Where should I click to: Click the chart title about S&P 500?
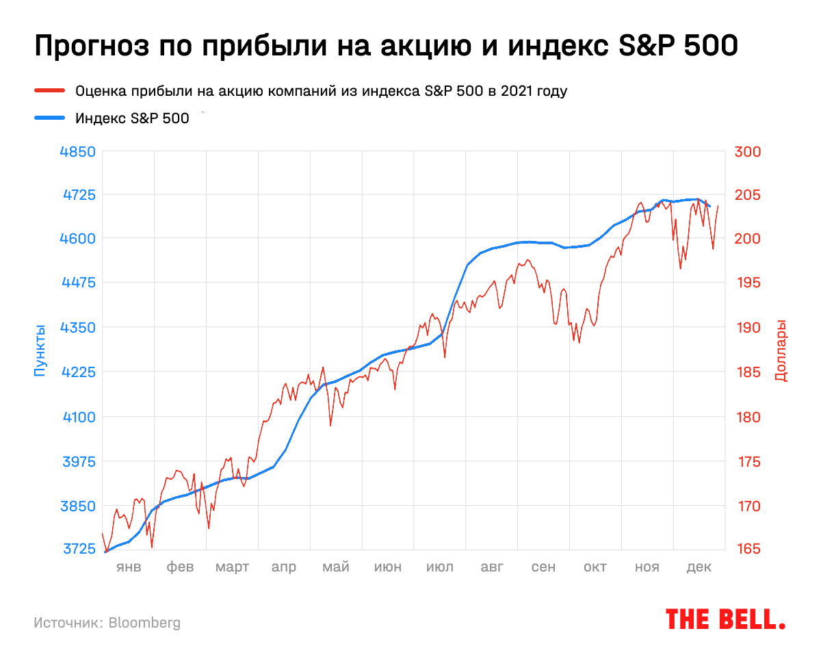click(386, 47)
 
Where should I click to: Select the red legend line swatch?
click(49, 90)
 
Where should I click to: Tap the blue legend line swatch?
click(49, 118)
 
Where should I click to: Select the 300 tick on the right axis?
click(748, 151)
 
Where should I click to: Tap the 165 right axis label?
click(748, 550)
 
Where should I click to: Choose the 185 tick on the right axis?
click(748, 372)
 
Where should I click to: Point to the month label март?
click(233, 567)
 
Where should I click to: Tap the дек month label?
click(699, 567)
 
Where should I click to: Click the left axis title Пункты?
click(39, 350)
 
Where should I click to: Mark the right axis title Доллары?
click(781, 350)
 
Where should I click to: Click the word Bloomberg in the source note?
click(145, 623)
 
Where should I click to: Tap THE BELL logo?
click(725, 619)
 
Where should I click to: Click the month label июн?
click(388, 567)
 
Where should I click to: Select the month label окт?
click(595, 567)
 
